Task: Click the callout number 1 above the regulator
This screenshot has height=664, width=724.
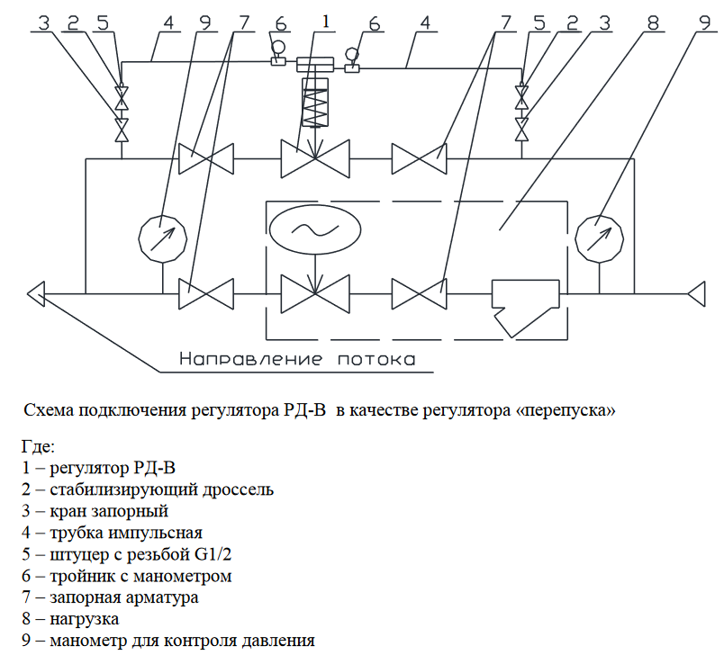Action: point(326,22)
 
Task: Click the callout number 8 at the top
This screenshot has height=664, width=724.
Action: point(653,22)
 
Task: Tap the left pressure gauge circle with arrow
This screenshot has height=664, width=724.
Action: point(163,238)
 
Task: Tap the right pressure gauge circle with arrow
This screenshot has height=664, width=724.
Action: point(600,238)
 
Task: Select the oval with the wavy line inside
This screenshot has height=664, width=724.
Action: point(315,229)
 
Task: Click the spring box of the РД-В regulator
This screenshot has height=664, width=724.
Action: point(315,102)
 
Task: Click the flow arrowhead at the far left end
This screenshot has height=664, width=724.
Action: point(36,294)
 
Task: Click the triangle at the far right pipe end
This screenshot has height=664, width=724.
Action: point(696,294)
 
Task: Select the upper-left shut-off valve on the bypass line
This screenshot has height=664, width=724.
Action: point(206,158)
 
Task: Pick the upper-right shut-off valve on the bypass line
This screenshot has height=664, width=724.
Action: point(420,158)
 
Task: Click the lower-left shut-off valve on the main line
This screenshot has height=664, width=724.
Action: point(206,294)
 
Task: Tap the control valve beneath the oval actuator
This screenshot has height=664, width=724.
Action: point(315,294)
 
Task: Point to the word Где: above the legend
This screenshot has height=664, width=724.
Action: point(38,446)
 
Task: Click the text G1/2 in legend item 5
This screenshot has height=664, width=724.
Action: point(211,553)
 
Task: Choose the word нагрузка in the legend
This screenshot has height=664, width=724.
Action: point(84,619)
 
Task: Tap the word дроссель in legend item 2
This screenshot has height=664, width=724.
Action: point(239,489)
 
